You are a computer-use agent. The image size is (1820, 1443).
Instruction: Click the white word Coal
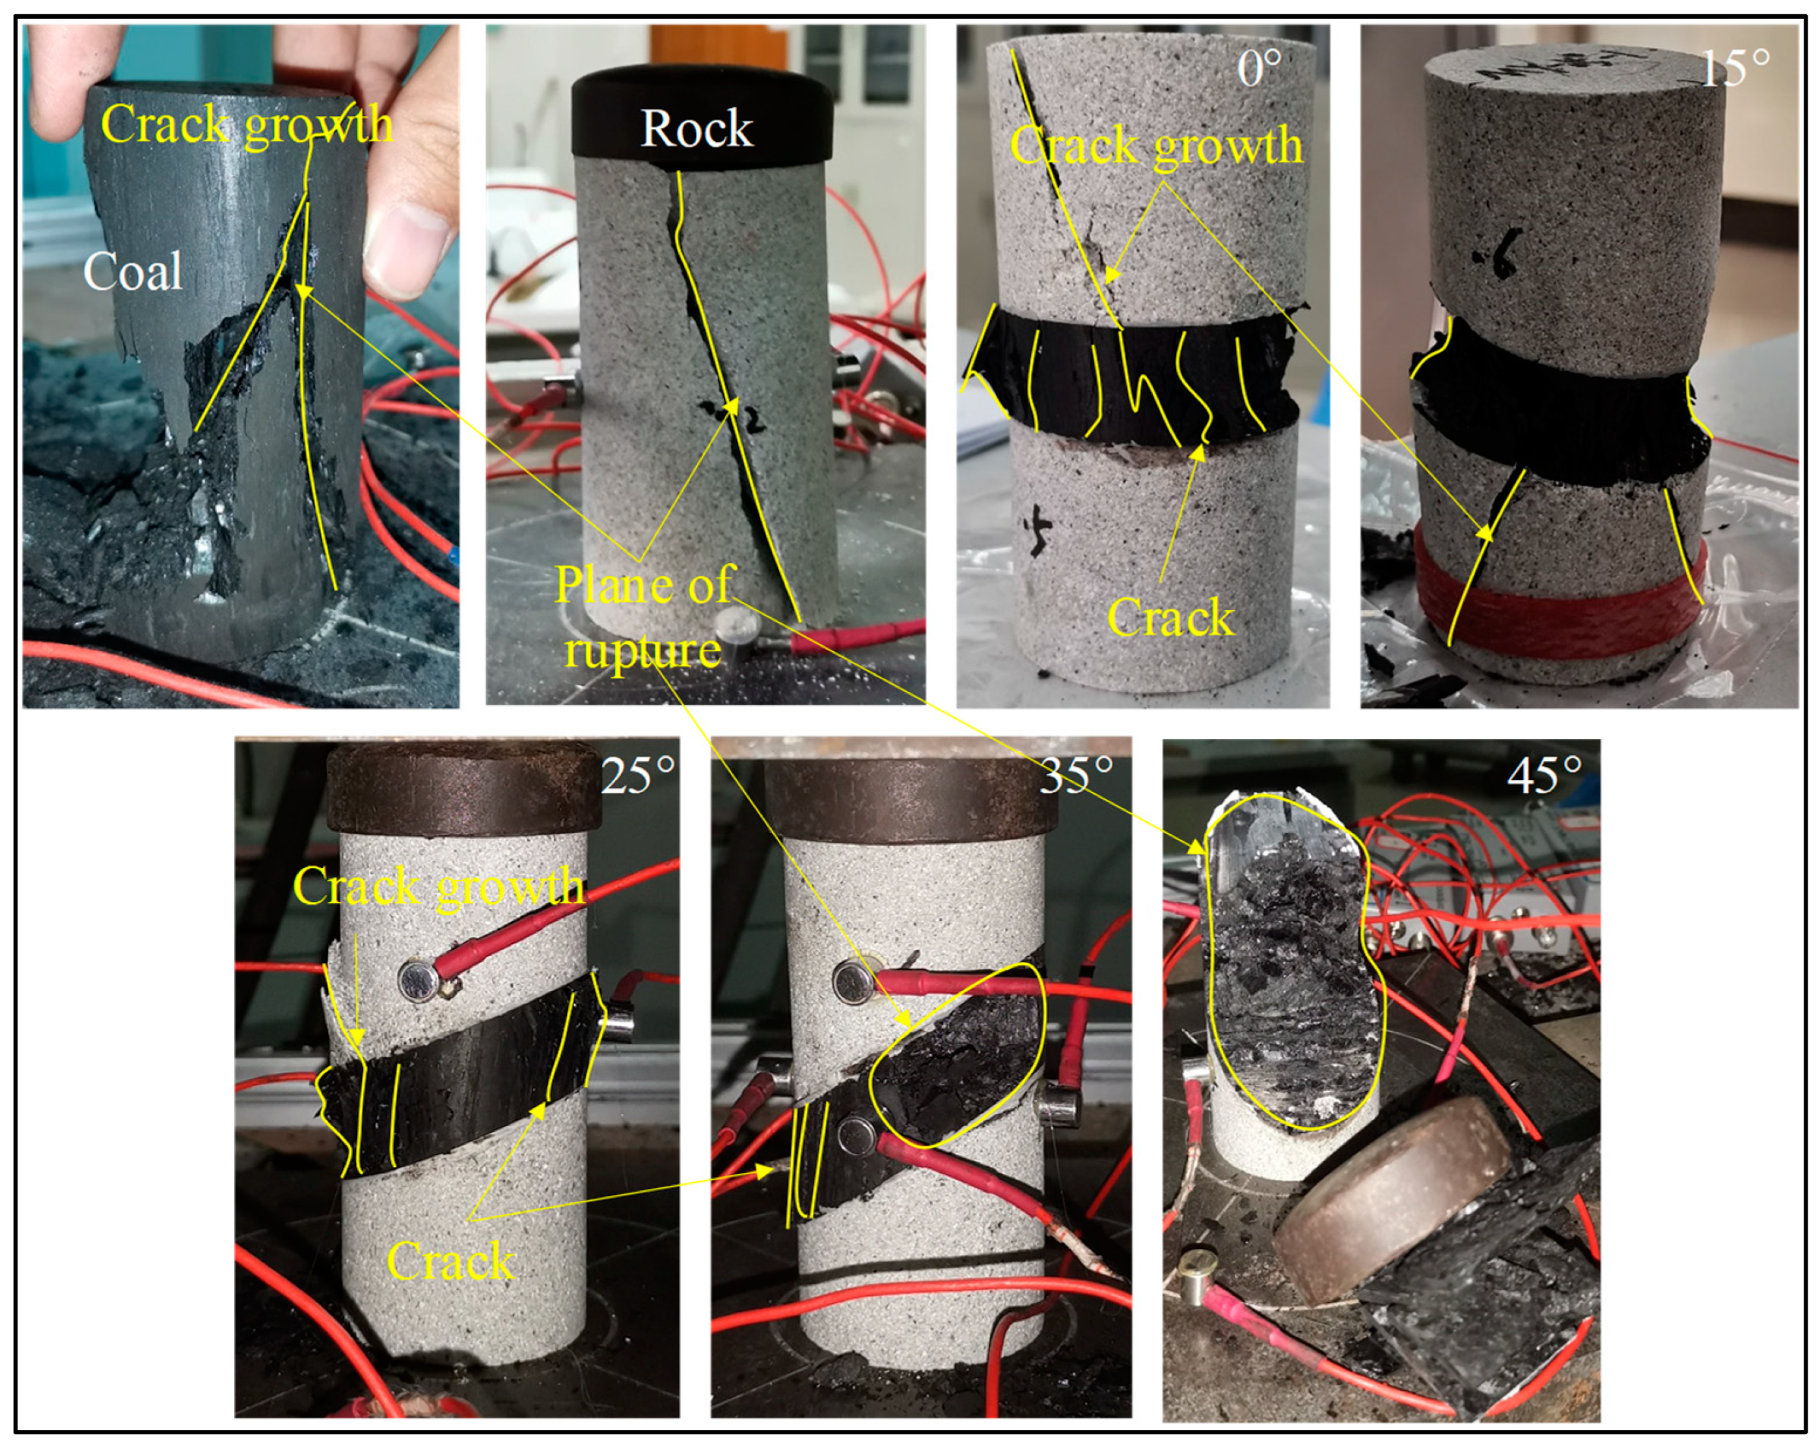tap(133, 273)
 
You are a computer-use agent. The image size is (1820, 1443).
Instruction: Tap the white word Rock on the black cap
tap(696, 129)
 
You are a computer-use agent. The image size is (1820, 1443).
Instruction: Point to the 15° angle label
tap(1735, 68)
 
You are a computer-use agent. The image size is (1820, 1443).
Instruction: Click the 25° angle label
tap(639, 774)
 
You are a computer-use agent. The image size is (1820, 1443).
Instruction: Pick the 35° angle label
tap(1076, 774)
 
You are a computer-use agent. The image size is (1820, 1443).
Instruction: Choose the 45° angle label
tap(1545, 774)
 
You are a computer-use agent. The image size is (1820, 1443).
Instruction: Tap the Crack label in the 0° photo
tap(1170, 618)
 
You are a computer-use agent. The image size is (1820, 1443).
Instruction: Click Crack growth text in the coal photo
tap(247, 125)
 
